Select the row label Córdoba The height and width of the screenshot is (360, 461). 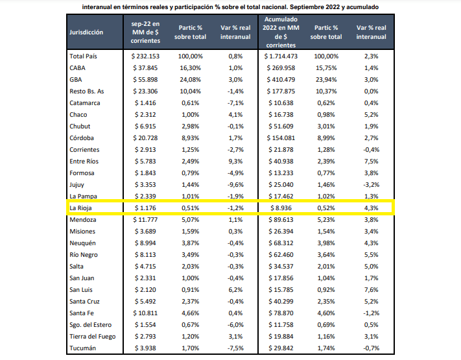pyautogui.click(x=81, y=138)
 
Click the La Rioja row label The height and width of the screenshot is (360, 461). pyautogui.click(x=80, y=208)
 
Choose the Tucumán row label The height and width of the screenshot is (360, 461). pyautogui.click(x=82, y=348)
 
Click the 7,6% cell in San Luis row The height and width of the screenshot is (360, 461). pyautogui.click(x=372, y=290)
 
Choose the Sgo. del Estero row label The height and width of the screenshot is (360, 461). pyautogui.click(x=91, y=325)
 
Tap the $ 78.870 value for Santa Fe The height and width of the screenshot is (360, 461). pyautogui.click(x=280, y=313)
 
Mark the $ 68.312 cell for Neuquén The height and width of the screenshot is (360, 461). pyautogui.click(x=280, y=243)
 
